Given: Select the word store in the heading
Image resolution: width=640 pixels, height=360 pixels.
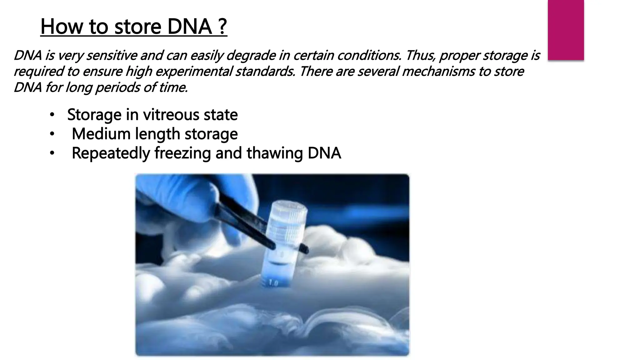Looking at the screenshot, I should [138, 27].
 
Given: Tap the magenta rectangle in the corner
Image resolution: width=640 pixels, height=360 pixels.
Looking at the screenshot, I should [566, 30].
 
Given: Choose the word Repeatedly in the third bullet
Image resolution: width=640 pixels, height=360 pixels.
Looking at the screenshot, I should [111, 153].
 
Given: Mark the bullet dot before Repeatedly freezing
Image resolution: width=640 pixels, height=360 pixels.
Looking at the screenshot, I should [52, 153].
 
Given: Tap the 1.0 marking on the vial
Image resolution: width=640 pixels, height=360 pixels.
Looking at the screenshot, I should [273, 283].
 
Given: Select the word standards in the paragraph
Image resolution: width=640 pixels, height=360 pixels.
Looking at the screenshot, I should [265, 72].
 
